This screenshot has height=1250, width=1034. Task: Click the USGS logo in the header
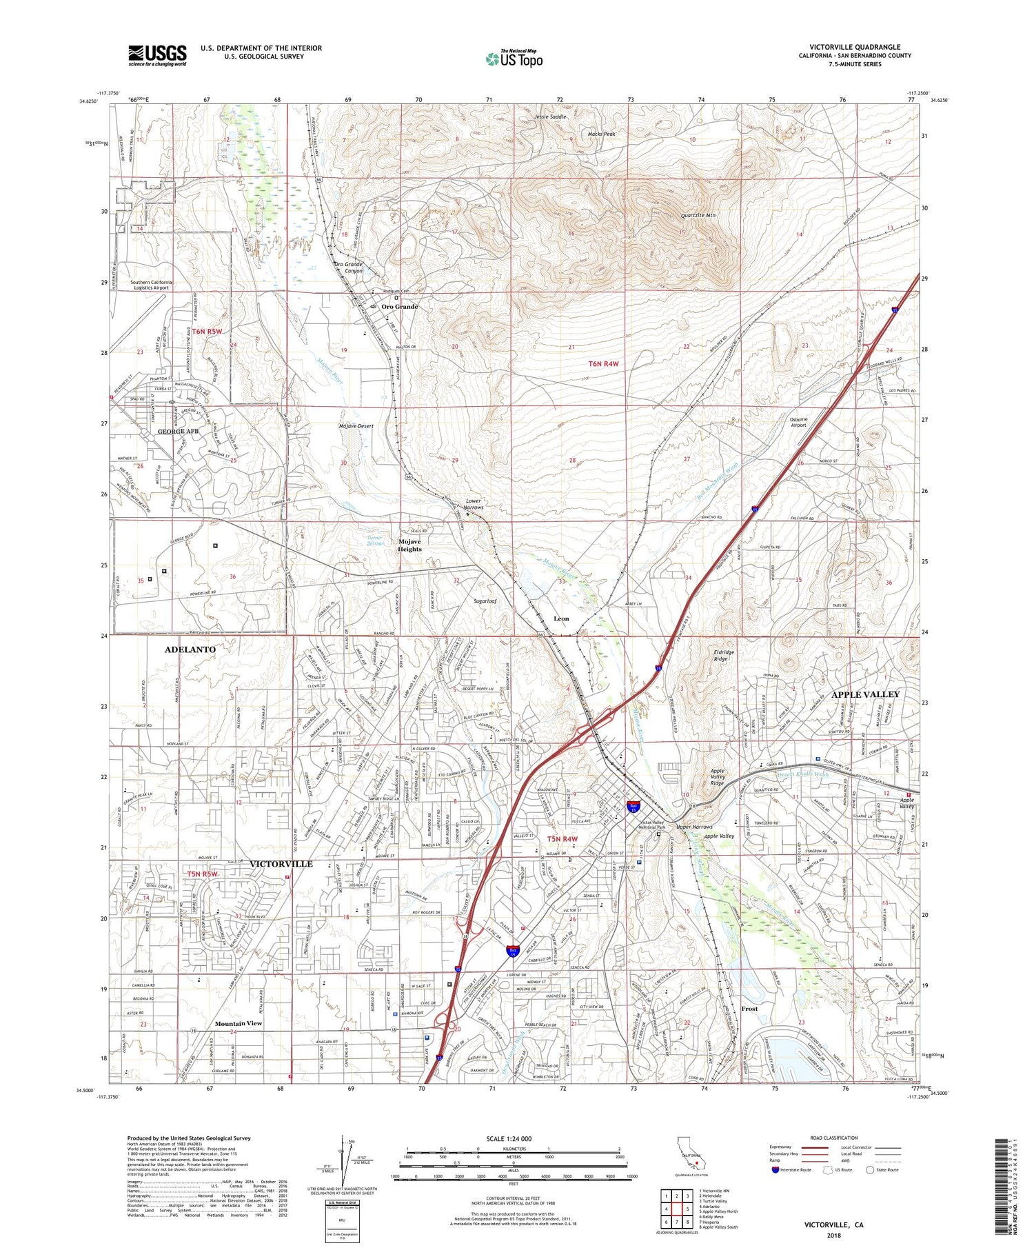click(x=157, y=55)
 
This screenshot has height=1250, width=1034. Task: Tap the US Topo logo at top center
click(x=514, y=59)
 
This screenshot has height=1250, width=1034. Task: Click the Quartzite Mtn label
click(x=698, y=216)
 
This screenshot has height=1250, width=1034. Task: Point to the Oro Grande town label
click(x=400, y=306)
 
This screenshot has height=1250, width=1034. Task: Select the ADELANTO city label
click(x=190, y=649)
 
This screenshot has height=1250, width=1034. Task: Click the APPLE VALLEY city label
click(x=865, y=694)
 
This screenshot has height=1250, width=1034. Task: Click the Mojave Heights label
click(x=409, y=545)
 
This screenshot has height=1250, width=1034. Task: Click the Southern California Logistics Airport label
click(x=151, y=285)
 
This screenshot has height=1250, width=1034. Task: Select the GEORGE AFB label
click(x=178, y=432)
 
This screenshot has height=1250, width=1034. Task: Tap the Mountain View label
click(x=238, y=1023)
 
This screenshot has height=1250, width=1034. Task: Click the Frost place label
click(x=749, y=1008)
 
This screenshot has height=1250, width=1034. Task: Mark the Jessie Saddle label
click(x=550, y=117)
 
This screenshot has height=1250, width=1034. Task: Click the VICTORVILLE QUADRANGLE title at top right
click(x=855, y=47)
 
